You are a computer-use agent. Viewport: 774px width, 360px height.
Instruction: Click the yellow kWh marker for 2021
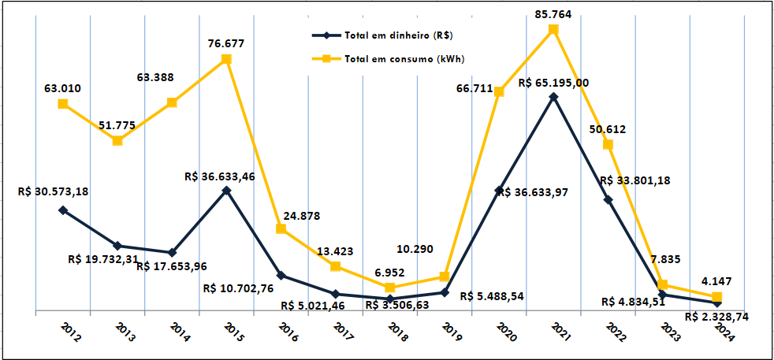click(553, 30)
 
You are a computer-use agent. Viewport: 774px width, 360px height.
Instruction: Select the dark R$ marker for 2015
click(226, 190)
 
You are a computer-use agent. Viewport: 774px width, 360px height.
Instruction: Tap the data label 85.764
click(553, 12)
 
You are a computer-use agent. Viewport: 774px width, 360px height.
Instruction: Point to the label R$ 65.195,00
click(553, 82)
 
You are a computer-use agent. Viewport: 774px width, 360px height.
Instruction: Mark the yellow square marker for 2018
click(390, 288)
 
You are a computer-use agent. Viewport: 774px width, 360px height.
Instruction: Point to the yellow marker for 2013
click(117, 140)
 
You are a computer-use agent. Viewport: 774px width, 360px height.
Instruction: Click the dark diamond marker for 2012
click(63, 210)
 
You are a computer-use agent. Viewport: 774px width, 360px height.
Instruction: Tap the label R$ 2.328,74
click(716, 316)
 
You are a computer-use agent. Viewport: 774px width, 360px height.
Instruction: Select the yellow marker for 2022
click(608, 144)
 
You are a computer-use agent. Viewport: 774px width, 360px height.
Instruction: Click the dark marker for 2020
click(499, 191)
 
